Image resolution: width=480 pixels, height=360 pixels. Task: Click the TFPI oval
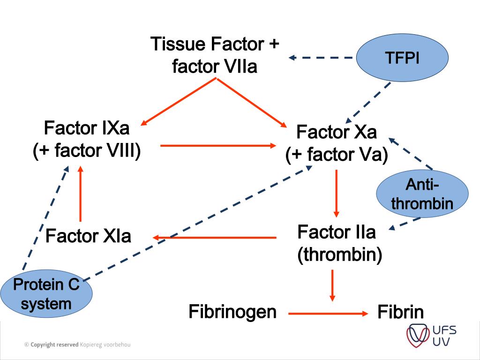tap(402, 58)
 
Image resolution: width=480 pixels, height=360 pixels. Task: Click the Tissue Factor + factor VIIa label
tap(215, 55)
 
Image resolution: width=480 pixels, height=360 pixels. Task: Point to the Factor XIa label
tap(88, 235)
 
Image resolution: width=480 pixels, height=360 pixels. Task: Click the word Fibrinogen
tap(232, 312)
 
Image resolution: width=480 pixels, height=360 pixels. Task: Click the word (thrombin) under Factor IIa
tap(340, 254)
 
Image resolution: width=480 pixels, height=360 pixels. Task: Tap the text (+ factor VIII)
tap(87, 151)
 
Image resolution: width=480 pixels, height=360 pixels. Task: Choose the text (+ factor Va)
tap(337, 155)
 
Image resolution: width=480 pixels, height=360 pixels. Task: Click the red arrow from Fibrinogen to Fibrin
tap(328, 313)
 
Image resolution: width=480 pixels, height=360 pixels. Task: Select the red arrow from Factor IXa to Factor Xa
tap(218, 146)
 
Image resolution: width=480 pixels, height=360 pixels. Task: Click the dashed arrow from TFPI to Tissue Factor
tap(321, 58)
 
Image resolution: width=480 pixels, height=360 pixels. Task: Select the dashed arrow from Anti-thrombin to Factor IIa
tap(405, 224)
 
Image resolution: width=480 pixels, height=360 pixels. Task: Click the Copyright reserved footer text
tap(77, 345)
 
